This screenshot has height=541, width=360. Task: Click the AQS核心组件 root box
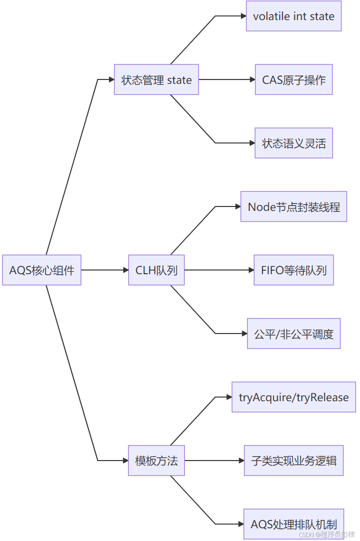[x=41, y=270]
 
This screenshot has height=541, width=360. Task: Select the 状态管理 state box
[x=156, y=79]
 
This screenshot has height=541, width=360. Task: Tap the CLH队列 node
[x=156, y=270]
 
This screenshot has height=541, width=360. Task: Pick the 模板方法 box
[x=156, y=460]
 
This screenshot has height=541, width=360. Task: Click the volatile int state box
[x=294, y=16]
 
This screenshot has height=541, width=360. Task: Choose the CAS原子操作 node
[x=294, y=79]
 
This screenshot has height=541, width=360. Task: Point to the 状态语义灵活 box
[x=294, y=143]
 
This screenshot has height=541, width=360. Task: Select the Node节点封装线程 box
[x=294, y=206]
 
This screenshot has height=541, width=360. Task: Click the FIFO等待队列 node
[x=294, y=270]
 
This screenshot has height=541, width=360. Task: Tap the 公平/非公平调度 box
[x=294, y=334]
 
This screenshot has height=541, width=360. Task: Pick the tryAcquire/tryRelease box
[x=294, y=397]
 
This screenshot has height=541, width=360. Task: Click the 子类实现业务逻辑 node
[x=294, y=460]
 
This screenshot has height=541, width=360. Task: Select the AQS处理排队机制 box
[x=294, y=524]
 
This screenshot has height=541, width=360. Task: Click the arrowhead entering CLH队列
[x=126, y=270]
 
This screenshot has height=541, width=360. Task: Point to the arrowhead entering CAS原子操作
[x=253, y=79]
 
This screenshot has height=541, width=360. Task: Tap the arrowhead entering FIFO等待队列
[x=252, y=270]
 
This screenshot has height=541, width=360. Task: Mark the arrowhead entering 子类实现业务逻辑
[x=242, y=460]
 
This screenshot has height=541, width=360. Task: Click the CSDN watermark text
[x=327, y=535]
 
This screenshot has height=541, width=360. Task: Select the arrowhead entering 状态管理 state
[x=112, y=79]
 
